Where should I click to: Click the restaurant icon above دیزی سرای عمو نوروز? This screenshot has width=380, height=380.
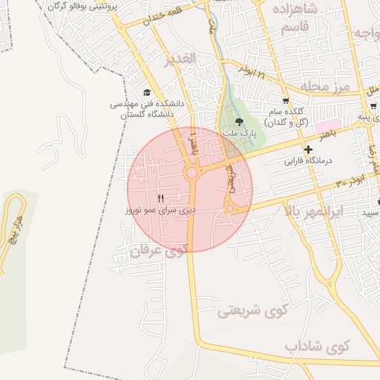tap(161, 197)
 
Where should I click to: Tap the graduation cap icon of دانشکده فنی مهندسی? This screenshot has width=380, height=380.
tap(147, 93)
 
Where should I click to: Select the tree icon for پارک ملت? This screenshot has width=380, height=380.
tap(238, 122)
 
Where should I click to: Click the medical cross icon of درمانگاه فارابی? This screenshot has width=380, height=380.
tap(307, 150)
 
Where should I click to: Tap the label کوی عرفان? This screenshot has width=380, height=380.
tap(157, 251)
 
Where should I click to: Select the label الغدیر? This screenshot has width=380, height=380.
tap(180, 57)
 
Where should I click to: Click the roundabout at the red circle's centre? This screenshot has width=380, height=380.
tap(191, 174)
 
